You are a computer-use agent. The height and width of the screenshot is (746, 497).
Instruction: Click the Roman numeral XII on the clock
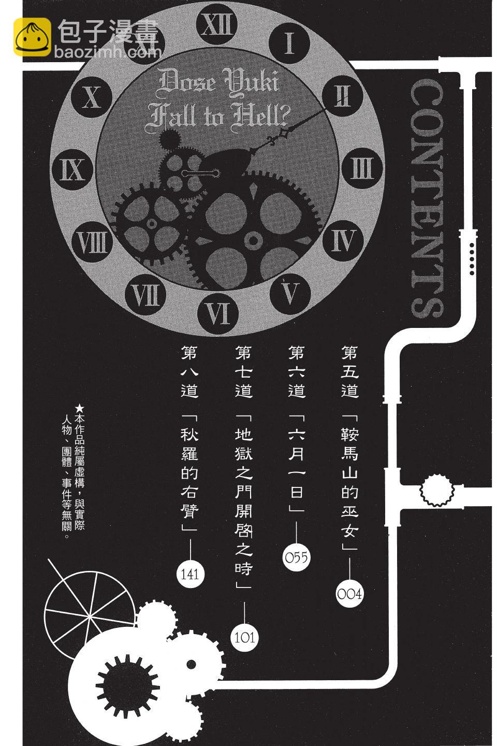pos(216,25)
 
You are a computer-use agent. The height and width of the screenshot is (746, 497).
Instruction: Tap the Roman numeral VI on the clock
pos(218,313)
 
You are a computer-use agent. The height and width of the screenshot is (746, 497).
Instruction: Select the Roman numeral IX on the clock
pos(72,169)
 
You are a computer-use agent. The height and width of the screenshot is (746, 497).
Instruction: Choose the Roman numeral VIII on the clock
pos(92,242)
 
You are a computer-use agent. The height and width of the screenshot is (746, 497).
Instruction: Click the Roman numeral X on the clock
pos(92,97)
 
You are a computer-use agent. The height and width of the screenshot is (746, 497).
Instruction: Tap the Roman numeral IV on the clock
pos(343,240)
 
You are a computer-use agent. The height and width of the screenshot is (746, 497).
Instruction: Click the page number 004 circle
pos(349,594)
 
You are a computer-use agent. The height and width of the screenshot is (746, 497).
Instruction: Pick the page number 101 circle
pos(244,638)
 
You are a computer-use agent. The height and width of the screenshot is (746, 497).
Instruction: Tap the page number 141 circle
pos(190,574)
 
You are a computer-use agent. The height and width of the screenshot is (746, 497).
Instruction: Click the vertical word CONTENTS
pos(427,198)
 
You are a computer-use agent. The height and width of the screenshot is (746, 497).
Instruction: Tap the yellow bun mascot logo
pos(32,37)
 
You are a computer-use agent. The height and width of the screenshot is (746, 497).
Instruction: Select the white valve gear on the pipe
pos(437,490)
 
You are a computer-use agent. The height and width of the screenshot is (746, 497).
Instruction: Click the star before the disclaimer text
pos(80,408)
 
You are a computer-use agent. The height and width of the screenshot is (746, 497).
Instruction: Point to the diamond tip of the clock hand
pos(284,134)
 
